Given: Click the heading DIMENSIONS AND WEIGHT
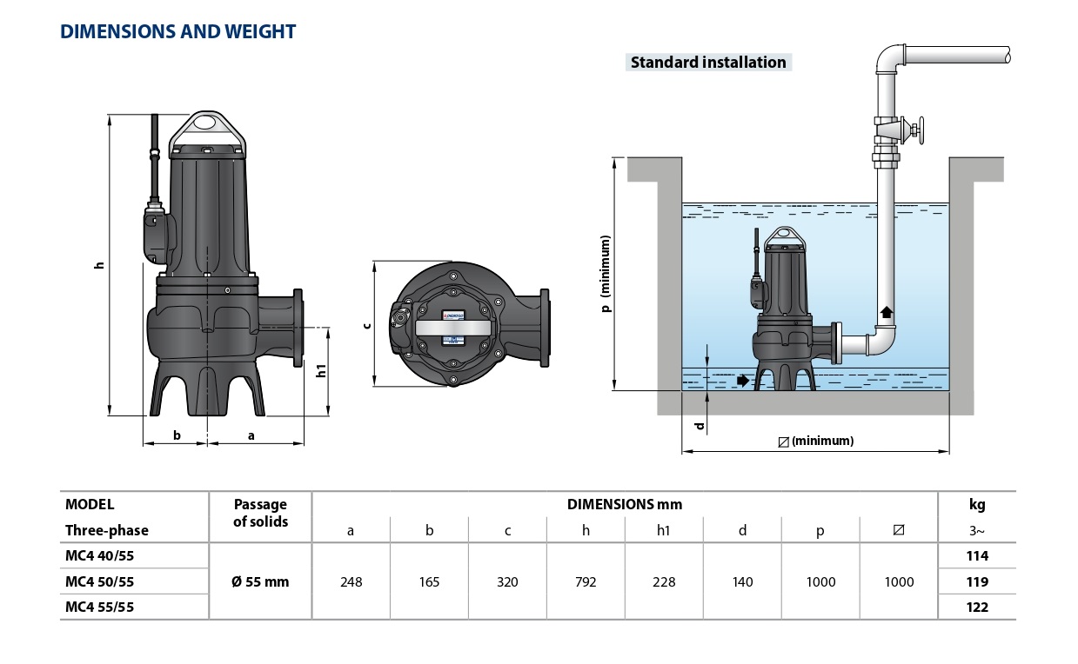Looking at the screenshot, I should pyautogui.click(x=177, y=32).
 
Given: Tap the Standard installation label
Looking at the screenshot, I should pyautogui.click(x=708, y=62).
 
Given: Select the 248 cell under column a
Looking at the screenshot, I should pyautogui.click(x=351, y=581).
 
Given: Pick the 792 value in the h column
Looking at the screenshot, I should pyautogui.click(x=586, y=581).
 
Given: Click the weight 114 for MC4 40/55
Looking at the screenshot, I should pyautogui.click(x=977, y=555).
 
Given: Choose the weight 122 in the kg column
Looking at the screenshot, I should pyautogui.click(x=977, y=608).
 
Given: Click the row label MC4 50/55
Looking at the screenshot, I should pyautogui.click(x=99, y=581).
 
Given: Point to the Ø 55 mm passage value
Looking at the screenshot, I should pyautogui.click(x=260, y=581).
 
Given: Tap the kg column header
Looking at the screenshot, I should pyautogui.click(x=977, y=504).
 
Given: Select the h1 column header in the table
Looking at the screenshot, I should pyautogui.click(x=664, y=530).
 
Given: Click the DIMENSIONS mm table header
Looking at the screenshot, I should pyautogui.click(x=624, y=504).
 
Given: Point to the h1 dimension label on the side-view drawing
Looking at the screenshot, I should pyautogui.click(x=321, y=370).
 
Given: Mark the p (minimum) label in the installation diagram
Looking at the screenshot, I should pyautogui.click(x=606, y=274).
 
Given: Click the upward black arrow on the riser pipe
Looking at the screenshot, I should pyautogui.click(x=887, y=313).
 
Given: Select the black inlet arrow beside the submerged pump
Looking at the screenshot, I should pyautogui.click(x=742, y=380).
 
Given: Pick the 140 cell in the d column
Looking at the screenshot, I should pyautogui.click(x=742, y=581).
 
